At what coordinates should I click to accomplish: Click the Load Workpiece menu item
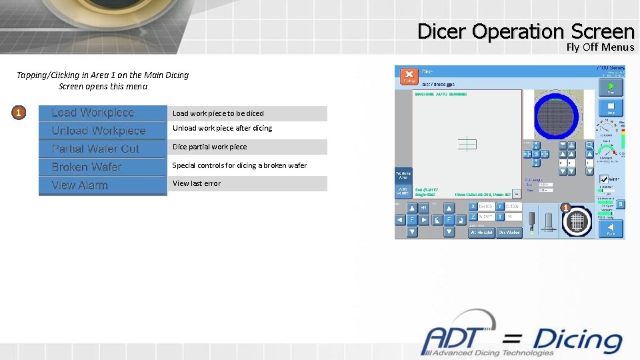[102, 113]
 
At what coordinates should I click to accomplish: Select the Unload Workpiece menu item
[102, 131]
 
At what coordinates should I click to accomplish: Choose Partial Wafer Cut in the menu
[102, 149]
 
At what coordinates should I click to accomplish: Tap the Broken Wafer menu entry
[102, 167]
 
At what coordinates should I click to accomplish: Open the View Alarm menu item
[102, 185]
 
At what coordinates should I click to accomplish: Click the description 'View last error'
[197, 183]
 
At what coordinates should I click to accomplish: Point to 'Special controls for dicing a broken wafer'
[239, 165]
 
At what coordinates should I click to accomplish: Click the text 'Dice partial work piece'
[209, 147]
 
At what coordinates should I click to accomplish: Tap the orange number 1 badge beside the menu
[19, 113]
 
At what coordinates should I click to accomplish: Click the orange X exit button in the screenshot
[409, 76]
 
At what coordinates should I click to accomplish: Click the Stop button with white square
[611, 107]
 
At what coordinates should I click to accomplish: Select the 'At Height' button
[481, 233]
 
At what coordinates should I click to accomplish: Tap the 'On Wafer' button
[509, 233]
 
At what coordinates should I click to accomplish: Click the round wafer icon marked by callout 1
[577, 221]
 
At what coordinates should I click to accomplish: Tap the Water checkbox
[604, 179]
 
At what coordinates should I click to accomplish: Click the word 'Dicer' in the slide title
[443, 31]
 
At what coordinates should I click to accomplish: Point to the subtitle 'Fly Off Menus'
[600, 47]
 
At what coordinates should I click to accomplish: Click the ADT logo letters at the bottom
[460, 340]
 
